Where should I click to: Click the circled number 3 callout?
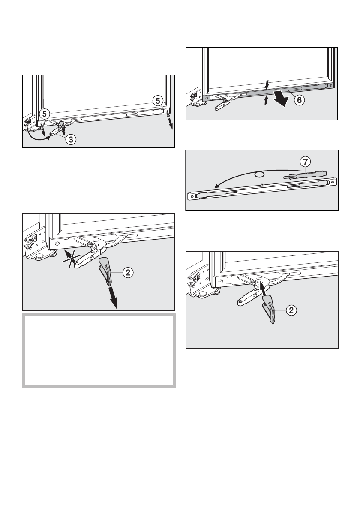(x=71, y=140)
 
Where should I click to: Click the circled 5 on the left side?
(x=44, y=114)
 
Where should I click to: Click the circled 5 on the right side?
(x=158, y=101)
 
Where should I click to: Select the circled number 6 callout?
(x=300, y=100)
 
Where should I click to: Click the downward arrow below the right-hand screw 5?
(x=171, y=124)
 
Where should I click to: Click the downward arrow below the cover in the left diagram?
(x=113, y=297)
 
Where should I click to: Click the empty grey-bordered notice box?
(x=99, y=350)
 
